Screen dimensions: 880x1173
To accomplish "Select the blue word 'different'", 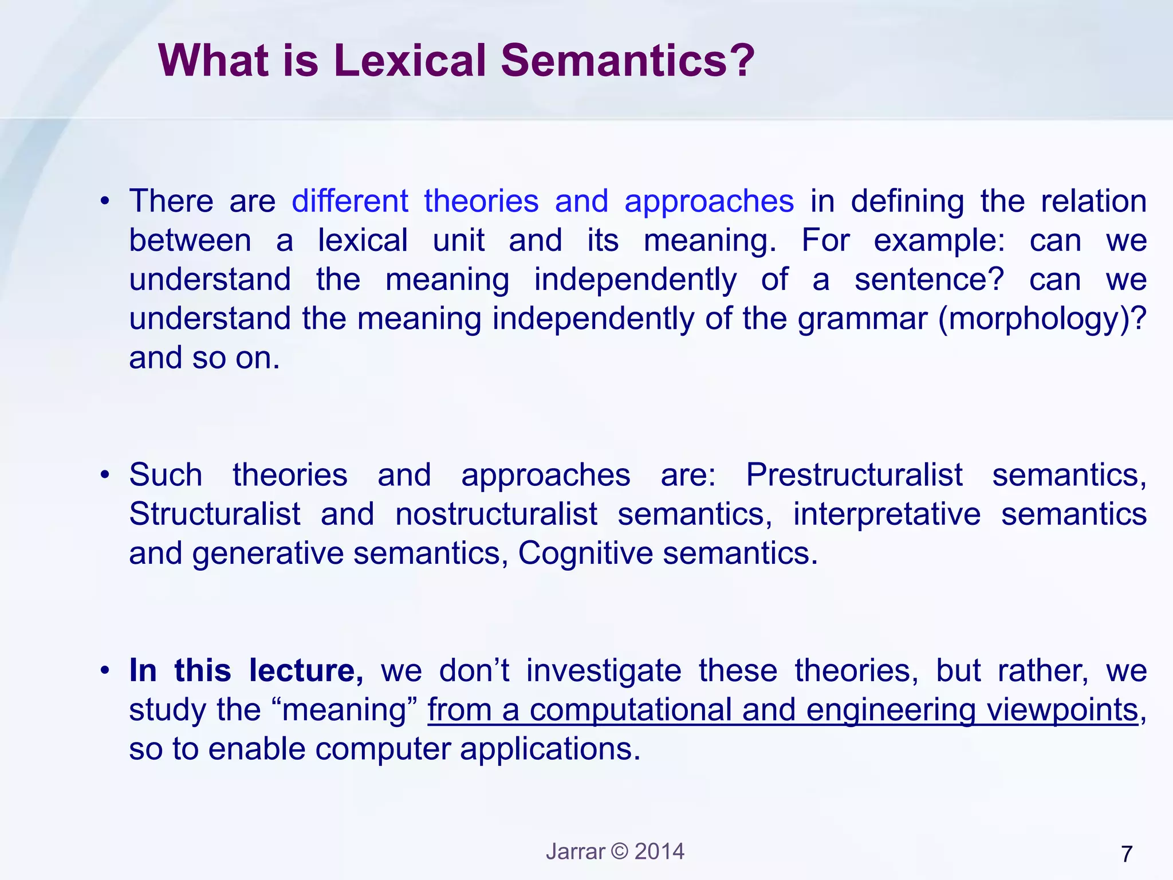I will [350, 201].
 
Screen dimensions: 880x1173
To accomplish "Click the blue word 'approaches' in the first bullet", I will [709, 201].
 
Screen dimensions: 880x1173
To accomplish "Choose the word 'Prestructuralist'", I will [854, 475].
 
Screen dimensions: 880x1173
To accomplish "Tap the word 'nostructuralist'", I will [496, 514].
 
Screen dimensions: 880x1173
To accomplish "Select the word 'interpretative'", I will [887, 514].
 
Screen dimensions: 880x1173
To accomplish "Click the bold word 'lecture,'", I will [306, 670].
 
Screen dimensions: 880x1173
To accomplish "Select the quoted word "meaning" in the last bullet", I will [349, 710].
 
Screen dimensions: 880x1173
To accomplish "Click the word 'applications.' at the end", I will [550, 749].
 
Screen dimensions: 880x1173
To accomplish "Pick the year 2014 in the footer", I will [660, 851].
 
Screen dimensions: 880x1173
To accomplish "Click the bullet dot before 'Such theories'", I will [104, 476].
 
